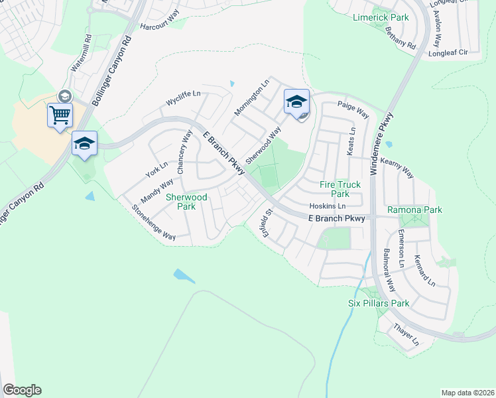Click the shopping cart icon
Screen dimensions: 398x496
coord(60,115)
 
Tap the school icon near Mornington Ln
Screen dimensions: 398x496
coord(296,101)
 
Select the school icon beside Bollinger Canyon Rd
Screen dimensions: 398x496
coord(84,143)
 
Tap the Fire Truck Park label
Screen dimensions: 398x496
coord(340,189)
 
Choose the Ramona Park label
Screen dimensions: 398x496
coord(415,210)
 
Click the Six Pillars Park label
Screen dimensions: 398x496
coord(379,303)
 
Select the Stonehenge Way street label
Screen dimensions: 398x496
coord(153,222)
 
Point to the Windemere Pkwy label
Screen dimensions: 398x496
coord(385,144)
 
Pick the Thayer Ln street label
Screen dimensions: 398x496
coord(406,335)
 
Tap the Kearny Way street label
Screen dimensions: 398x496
coord(397,168)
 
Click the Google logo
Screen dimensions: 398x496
coord(22,390)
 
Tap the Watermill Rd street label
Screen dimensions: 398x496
coord(80,55)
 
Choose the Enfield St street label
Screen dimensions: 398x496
coord(268,223)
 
